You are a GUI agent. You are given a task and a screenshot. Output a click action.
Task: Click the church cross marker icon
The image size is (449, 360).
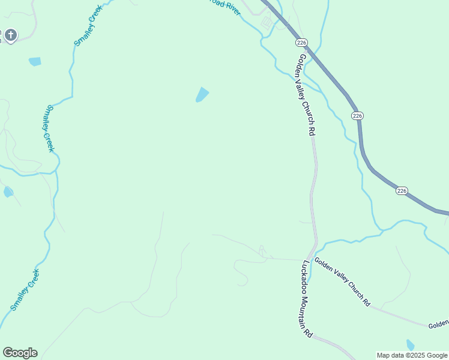[10, 35]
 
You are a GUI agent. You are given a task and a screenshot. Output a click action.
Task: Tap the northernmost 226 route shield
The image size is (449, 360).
[301, 43]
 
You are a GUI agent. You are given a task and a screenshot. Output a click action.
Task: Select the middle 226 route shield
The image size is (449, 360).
[358, 115]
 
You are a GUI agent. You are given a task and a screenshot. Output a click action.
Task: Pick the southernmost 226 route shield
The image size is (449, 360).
[402, 191]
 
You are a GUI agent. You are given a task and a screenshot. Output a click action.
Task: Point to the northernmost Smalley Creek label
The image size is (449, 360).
[88, 25]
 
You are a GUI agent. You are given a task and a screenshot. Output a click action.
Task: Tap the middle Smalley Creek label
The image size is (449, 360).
[47, 128]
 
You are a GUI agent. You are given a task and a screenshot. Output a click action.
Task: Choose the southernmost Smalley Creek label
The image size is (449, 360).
[25, 290]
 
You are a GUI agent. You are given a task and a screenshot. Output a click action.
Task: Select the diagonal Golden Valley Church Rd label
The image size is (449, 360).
[342, 283]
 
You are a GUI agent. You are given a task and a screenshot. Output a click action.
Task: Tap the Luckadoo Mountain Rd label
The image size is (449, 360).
[307, 299]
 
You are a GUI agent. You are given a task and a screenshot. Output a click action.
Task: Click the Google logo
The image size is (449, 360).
[20, 353]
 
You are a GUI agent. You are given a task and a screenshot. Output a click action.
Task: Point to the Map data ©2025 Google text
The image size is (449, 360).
[412, 355]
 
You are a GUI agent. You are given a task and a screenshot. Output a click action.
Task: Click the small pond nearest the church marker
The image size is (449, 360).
[35, 61]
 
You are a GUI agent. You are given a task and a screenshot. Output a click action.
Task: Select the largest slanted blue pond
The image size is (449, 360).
[202, 95]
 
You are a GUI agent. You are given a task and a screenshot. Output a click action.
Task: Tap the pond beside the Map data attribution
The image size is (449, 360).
[410, 345]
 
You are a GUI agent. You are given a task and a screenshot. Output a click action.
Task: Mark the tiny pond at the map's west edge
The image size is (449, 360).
[8, 192]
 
